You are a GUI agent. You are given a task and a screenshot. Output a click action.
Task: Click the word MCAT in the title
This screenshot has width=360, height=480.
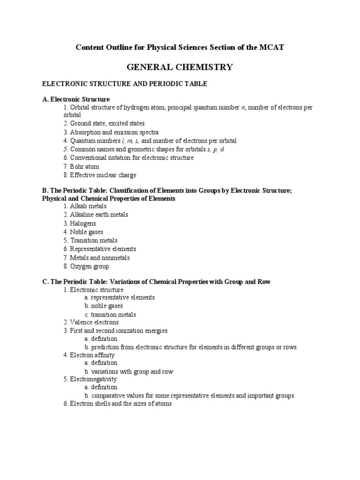273,47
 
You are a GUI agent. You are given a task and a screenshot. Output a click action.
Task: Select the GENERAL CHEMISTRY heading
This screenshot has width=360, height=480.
180,67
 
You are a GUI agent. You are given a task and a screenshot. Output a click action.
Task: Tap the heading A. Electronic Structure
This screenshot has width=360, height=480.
76,99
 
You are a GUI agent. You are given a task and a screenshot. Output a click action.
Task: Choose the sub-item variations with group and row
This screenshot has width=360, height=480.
132,371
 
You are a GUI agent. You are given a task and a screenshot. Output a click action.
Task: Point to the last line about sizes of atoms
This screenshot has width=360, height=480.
117,404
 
